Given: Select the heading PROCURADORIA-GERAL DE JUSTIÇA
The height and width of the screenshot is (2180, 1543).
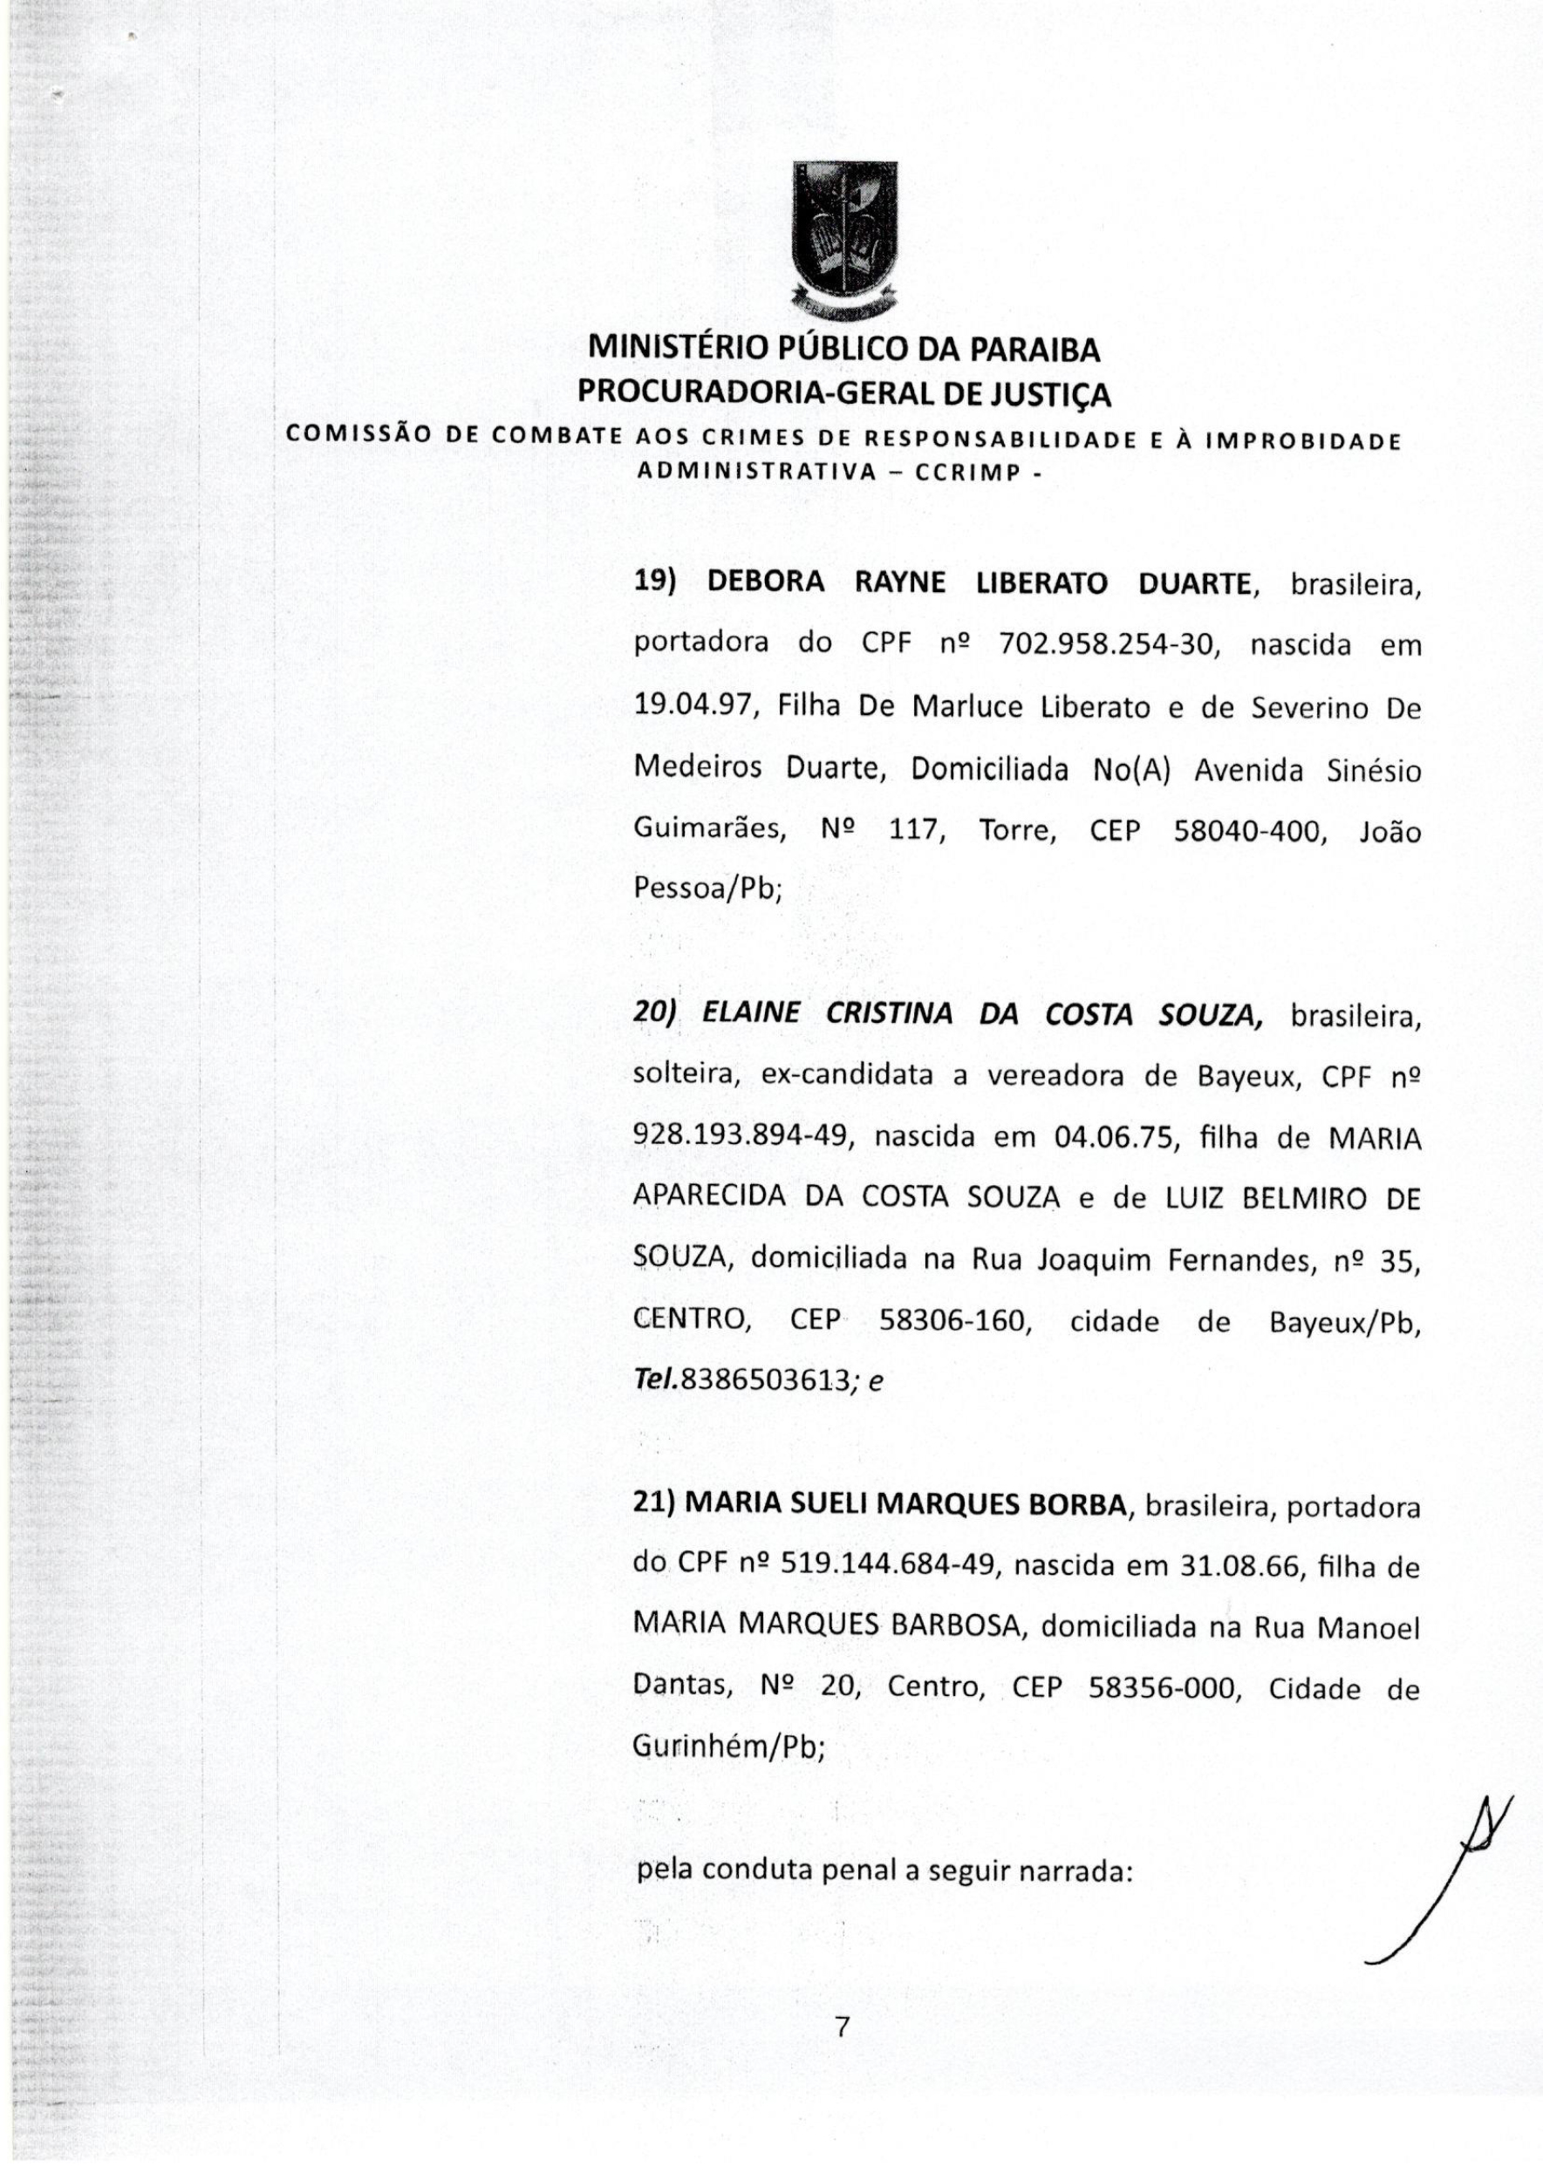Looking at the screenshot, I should pyautogui.click(x=843, y=392).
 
